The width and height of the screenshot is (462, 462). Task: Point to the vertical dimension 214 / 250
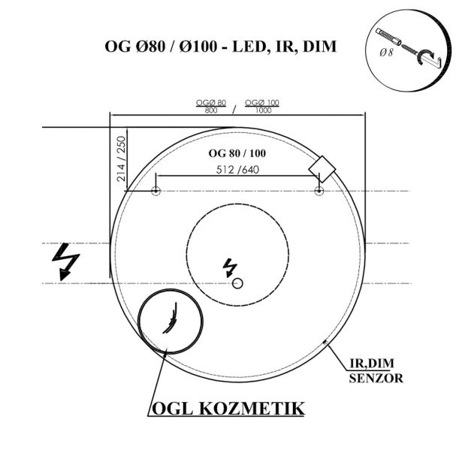120,159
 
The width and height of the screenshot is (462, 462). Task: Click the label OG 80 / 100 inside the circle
237,153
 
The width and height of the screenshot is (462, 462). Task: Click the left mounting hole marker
156,190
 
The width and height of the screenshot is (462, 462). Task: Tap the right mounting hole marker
319,190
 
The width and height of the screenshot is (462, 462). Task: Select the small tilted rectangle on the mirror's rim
324,165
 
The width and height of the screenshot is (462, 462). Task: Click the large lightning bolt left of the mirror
66,261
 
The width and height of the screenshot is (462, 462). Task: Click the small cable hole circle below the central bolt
237,282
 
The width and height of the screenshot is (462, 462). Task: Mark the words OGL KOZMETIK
228,409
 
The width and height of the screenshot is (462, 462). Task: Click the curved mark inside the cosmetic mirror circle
171,319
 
